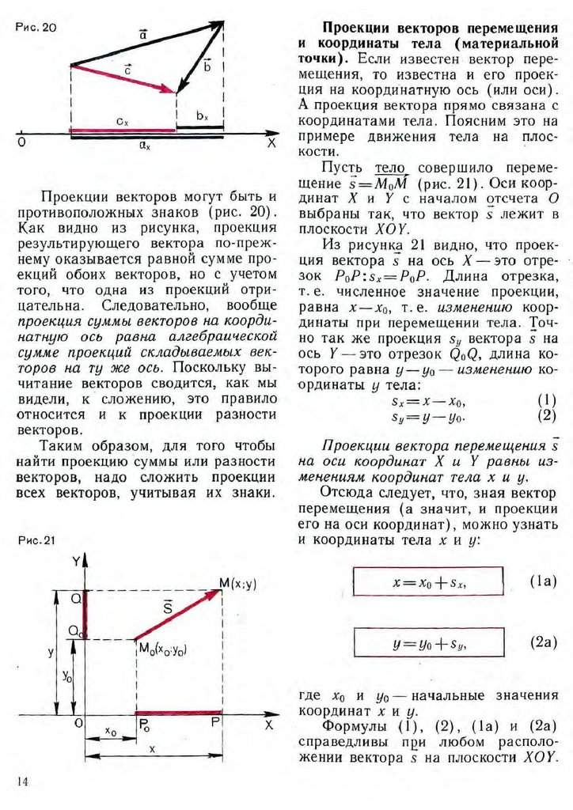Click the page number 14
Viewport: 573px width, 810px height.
[22, 782]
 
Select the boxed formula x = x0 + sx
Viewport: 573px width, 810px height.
[427, 582]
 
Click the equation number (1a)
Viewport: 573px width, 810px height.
[543, 581]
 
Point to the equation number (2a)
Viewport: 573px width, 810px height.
[543, 643]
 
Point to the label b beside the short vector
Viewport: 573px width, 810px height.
[207, 65]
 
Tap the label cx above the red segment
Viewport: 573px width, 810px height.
[121, 121]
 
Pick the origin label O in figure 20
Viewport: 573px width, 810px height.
[21, 143]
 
